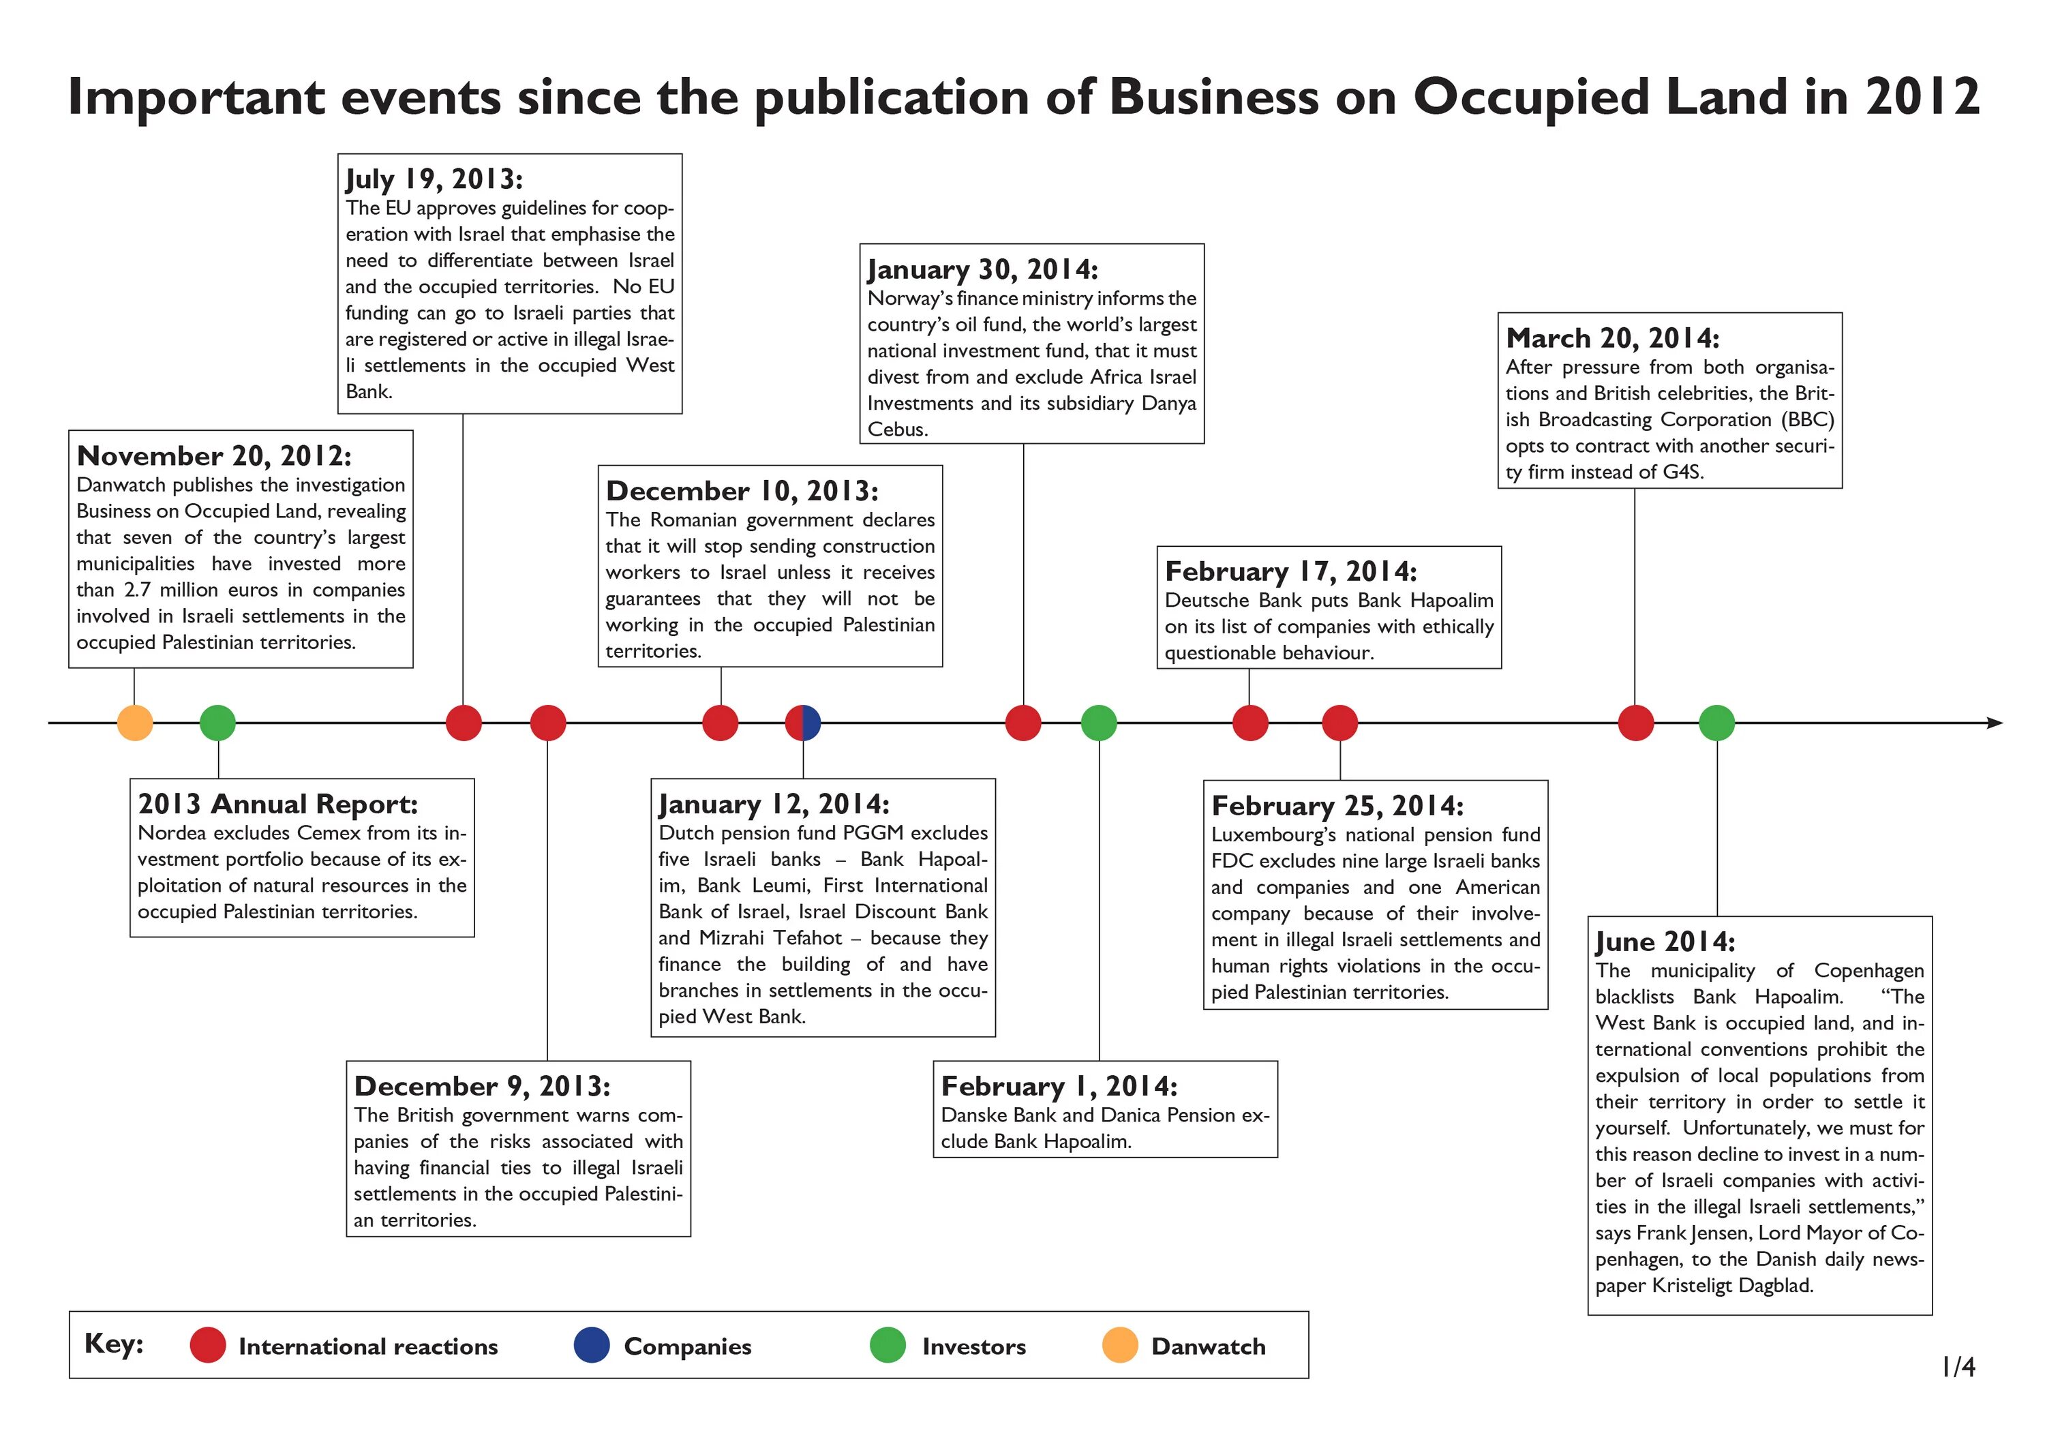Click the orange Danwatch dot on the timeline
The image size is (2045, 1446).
point(134,723)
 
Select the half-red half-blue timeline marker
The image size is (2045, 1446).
point(802,723)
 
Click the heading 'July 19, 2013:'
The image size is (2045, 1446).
point(434,179)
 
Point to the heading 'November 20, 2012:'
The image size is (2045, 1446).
point(214,456)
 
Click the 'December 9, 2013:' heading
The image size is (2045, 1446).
point(482,1086)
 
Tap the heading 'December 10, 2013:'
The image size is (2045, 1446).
point(742,491)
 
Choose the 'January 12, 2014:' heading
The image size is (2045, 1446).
point(774,804)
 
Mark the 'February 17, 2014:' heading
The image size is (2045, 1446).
point(1290,571)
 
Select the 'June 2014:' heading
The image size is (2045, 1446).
point(1665,942)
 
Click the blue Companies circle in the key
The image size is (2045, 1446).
point(592,1345)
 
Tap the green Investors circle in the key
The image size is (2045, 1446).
point(887,1345)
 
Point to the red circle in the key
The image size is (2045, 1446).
point(207,1345)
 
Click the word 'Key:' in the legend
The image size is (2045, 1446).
point(114,1344)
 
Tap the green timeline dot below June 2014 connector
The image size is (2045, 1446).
point(1716,723)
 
